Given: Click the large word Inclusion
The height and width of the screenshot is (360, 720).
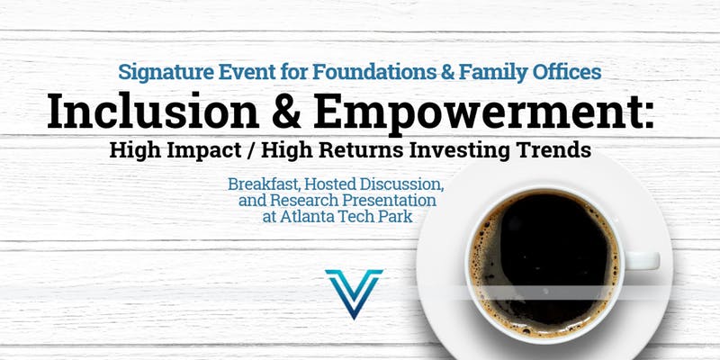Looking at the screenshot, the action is (153, 112).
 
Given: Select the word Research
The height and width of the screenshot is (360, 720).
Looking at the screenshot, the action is (299, 200).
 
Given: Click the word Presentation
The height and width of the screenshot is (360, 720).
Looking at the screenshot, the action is (384, 200).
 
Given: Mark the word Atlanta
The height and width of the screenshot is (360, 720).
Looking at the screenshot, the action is (308, 216).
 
